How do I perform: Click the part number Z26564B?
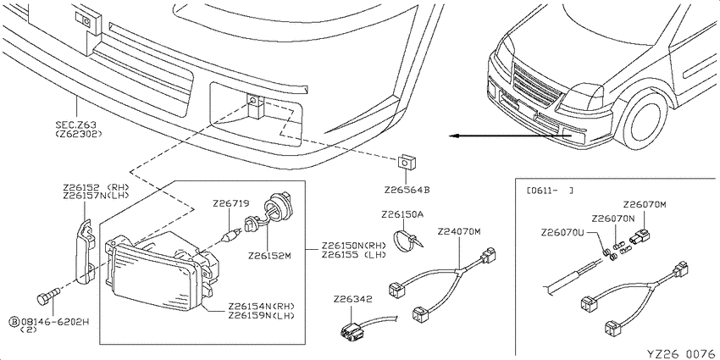point(407,190)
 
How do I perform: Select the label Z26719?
point(230,203)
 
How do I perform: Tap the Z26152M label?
point(269,256)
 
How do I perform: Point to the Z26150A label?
point(402,214)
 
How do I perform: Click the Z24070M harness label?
point(459,231)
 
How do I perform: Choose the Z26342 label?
point(352,299)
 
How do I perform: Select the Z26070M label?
point(645,204)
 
